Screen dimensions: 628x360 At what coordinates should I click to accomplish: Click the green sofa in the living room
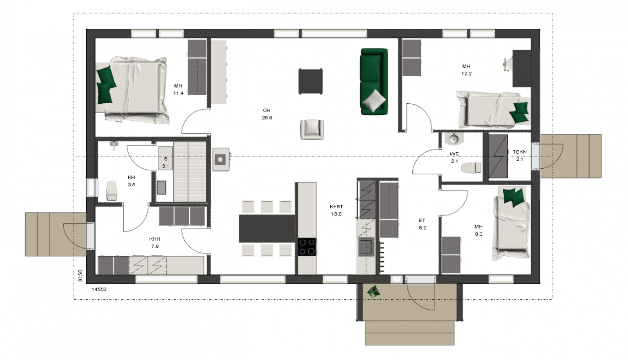[374, 81]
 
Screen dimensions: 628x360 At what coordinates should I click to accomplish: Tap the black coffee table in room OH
[310, 81]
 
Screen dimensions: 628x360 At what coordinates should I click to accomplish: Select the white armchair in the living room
[312, 129]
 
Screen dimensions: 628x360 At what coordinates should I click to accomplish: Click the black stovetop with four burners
[307, 247]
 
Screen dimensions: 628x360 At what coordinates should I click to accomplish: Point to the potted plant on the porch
[374, 292]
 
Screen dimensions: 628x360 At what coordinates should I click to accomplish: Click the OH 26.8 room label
[267, 114]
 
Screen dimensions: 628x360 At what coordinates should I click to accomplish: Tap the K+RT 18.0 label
[336, 211]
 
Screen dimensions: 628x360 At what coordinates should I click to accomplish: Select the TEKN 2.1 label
[519, 155]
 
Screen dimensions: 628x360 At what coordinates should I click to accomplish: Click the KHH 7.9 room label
[155, 243]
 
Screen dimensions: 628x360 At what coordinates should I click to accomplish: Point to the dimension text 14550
[99, 289]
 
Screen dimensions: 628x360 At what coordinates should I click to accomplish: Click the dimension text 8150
[80, 276]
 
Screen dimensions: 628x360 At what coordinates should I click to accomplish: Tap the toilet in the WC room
[471, 168]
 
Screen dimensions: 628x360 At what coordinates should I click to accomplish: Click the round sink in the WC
[454, 139]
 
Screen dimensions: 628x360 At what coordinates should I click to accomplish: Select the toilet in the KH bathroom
[112, 191]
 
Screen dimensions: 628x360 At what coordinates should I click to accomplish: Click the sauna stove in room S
[161, 188]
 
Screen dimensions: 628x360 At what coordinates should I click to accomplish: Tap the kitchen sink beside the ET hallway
[366, 247]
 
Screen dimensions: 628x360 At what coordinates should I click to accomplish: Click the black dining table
[266, 228]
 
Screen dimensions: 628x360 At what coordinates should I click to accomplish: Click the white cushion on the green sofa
[374, 101]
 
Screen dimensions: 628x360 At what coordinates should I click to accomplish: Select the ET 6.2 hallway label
[422, 224]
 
